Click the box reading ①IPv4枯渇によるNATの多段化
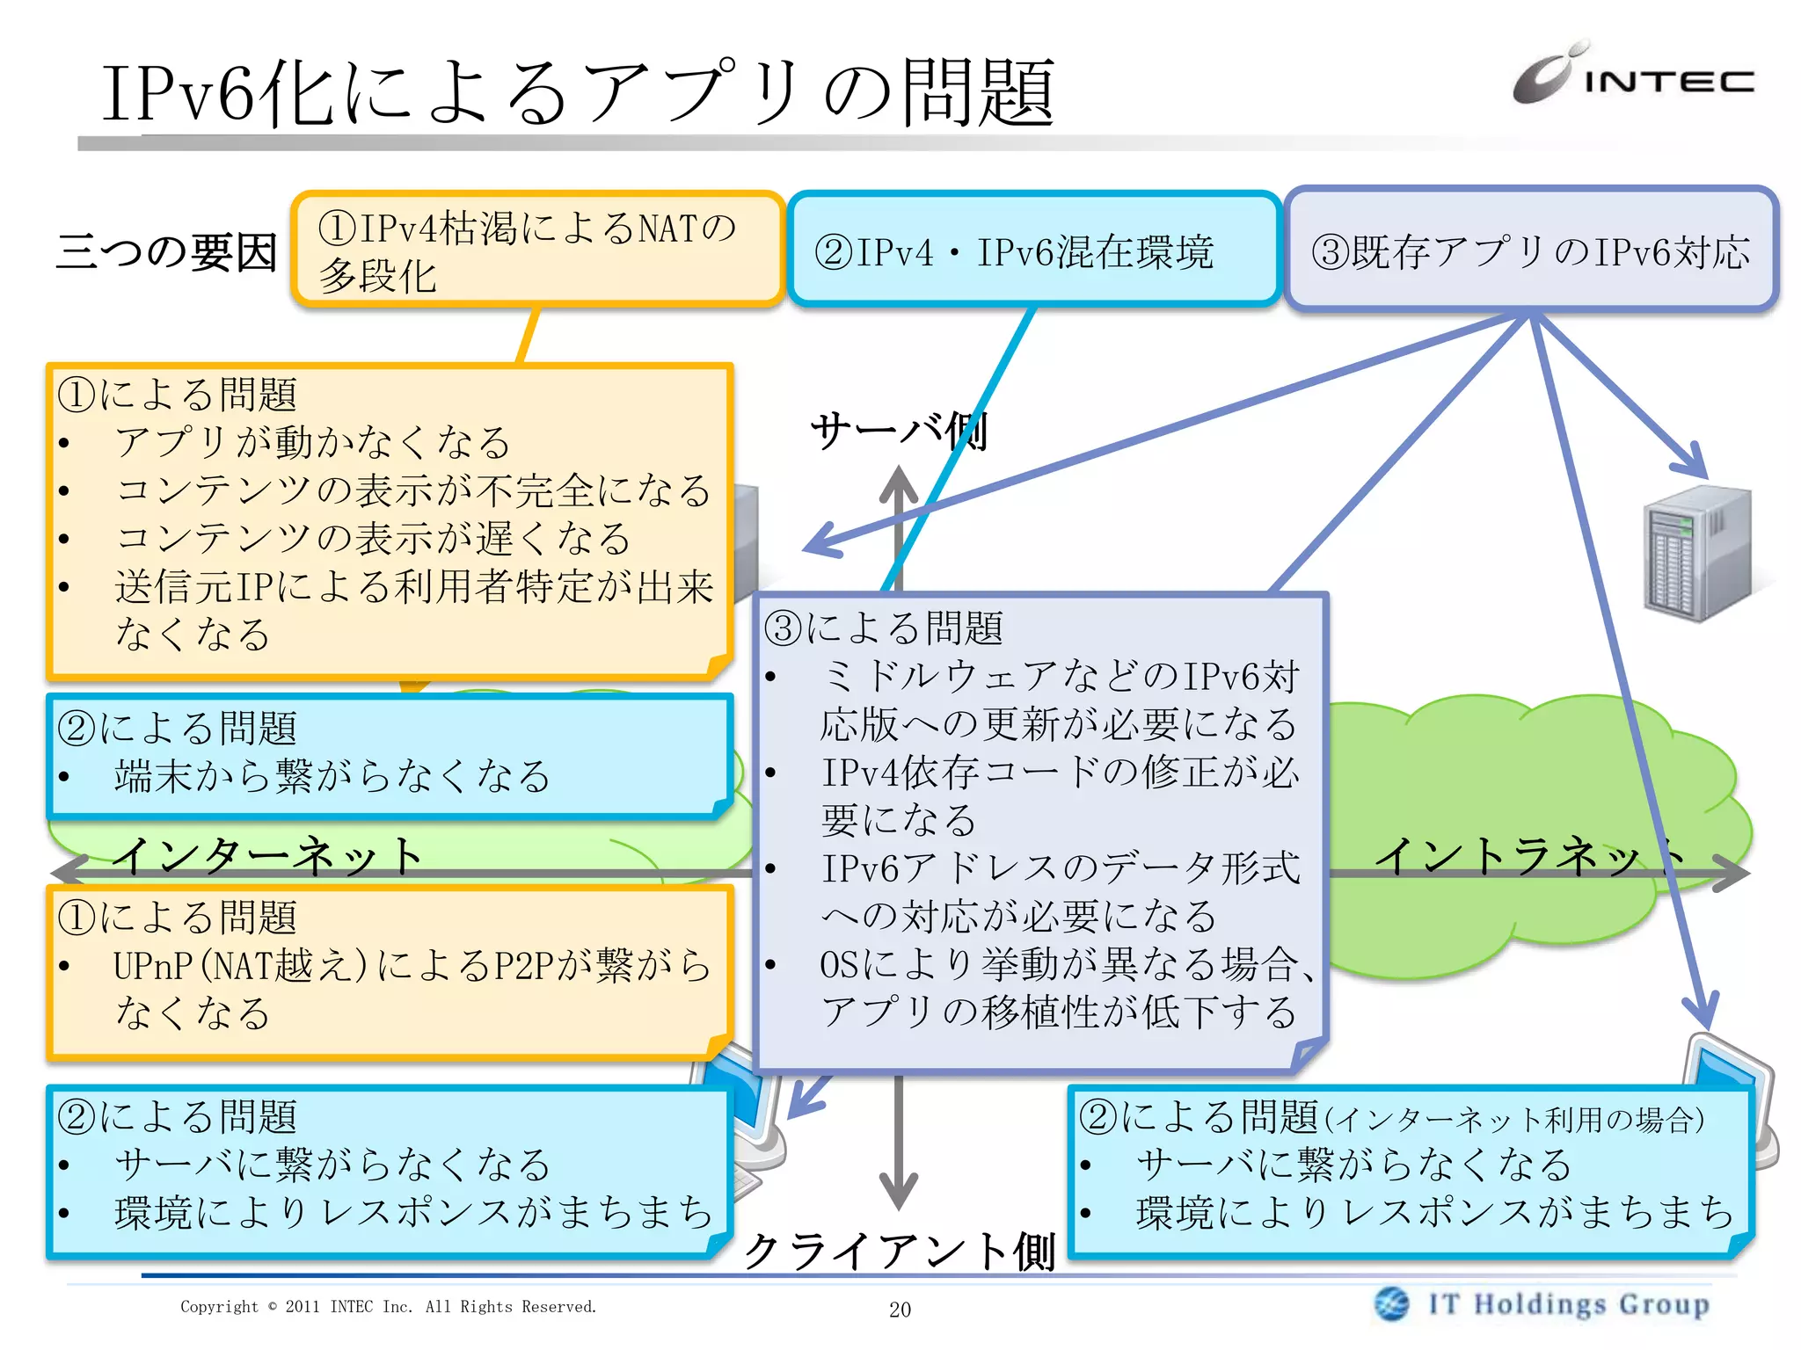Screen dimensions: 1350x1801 click(537, 250)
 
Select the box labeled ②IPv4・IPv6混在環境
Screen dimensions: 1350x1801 click(1033, 251)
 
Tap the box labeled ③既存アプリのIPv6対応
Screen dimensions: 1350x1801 click(1531, 251)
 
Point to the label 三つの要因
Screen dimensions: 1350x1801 click(166, 252)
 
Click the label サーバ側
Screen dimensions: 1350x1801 click(899, 432)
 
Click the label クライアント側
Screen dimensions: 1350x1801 click(899, 1251)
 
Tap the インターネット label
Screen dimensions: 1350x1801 click(268, 854)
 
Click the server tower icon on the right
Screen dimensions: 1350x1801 click(1696, 553)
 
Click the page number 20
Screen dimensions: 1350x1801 click(900, 1310)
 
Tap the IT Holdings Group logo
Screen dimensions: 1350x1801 click(1542, 1304)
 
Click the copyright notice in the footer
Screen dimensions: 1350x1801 click(388, 1307)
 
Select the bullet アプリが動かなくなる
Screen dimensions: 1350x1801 click(312, 442)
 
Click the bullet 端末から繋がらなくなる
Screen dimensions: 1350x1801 click(332, 776)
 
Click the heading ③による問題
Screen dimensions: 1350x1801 click(883, 628)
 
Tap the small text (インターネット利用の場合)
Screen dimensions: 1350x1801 click(1514, 1120)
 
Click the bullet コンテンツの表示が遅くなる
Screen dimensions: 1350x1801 click(373, 538)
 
